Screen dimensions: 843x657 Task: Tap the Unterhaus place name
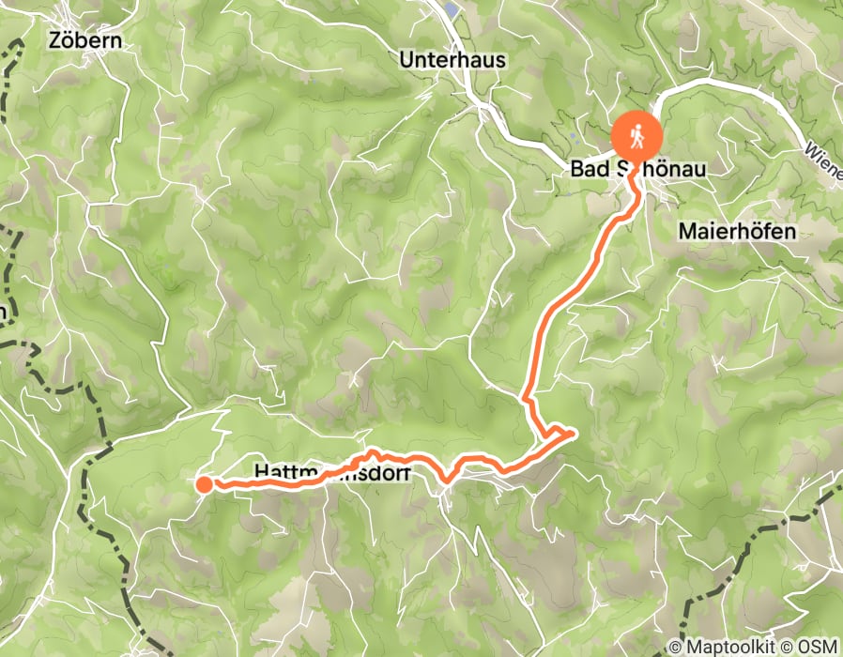click(x=452, y=60)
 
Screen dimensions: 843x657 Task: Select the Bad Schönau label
click(x=637, y=170)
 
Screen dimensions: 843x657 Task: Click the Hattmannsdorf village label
click(x=331, y=473)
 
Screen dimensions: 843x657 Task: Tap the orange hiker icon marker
click(x=637, y=137)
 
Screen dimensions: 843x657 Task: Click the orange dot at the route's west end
click(x=204, y=484)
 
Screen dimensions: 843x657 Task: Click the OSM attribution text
click(x=819, y=648)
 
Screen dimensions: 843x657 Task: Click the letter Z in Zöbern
click(x=55, y=41)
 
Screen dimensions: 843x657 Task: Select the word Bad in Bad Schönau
click(x=587, y=170)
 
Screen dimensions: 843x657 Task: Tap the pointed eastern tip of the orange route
click(x=572, y=432)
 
